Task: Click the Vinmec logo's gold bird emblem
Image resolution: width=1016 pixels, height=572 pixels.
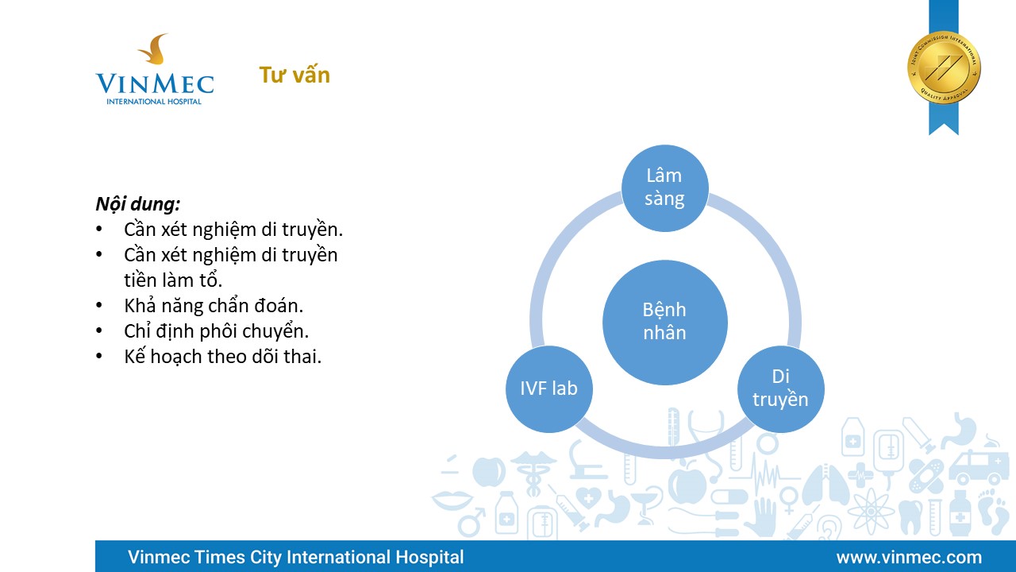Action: (x=154, y=49)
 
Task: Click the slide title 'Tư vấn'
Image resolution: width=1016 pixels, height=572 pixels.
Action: (x=294, y=75)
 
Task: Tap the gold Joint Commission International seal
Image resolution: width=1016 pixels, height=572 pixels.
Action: (x=944, y=68)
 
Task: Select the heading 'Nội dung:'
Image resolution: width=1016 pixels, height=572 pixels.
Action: (x=138, y=204)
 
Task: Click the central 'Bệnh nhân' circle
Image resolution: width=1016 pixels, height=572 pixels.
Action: (x=665, y=323)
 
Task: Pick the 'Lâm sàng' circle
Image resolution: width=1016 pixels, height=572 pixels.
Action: (x=665, y=188)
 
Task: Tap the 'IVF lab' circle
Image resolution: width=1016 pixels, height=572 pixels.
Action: (x=548, y=389)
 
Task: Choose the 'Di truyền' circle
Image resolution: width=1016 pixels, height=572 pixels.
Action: (x=780, y=389)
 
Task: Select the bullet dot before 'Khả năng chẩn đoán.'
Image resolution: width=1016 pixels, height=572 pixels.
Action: (x=99, y=306)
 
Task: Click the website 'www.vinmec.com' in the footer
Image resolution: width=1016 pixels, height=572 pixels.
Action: (x=910, y=557)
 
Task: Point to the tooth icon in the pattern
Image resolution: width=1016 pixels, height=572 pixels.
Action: (x=911, y=516)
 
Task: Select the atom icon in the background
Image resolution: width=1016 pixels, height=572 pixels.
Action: (x=871, y=511)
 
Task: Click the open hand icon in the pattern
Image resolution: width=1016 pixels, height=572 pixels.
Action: (x=760, y=517)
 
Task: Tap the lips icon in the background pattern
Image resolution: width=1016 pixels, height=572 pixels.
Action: (x=452, y=500)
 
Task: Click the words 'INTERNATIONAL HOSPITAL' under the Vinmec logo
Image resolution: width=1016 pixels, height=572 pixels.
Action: (x=154, y=101)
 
